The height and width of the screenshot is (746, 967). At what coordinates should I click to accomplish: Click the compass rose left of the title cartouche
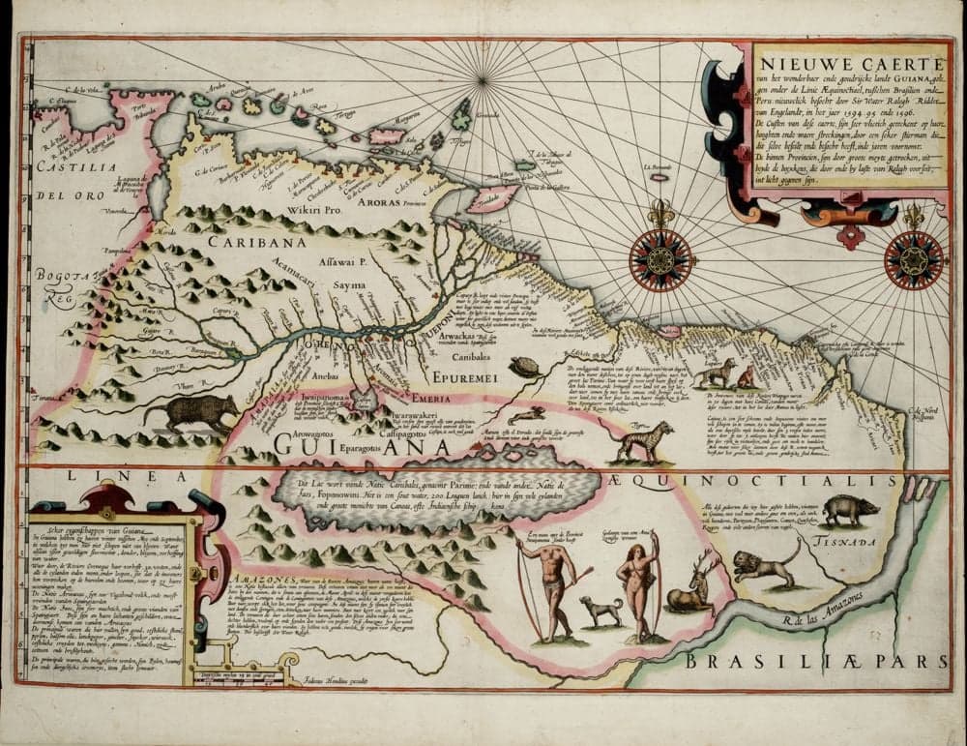click(661, 258)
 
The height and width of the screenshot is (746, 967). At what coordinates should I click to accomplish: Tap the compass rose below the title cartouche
click(913, 259)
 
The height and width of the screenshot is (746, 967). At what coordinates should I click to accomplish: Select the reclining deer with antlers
click(692, 587)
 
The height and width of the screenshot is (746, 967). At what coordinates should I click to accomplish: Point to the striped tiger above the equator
click(639, 441)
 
